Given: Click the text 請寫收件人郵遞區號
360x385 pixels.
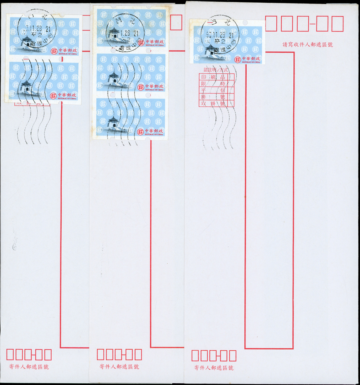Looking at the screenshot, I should [308, 45].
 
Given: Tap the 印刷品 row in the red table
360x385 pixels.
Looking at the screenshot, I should [217, 77].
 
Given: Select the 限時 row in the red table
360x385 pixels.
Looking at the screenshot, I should [217, 84].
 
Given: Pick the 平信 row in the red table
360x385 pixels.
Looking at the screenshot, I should [217, 90].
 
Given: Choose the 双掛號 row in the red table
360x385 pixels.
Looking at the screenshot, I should [217, 103].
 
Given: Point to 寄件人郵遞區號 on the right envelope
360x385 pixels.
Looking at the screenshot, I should [214, 368].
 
